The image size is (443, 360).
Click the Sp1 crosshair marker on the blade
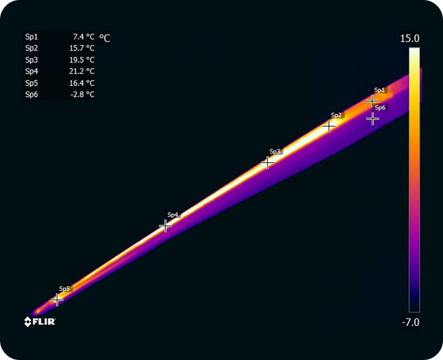pyautogui.click(x=372, y=101)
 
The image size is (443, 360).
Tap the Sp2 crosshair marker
pyautogui.click(x=329, y=126)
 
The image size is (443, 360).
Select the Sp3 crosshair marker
pyautogui.click(x=267, y=163)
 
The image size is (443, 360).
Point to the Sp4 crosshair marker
pyautogui.click(x=165, y=226)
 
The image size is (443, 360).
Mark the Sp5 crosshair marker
pyautogui.click(x=57, y=300)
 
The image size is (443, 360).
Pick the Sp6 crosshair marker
pyautogui.click(x=372, y=118)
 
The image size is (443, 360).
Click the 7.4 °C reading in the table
pyautogui.click(x=84, y=37)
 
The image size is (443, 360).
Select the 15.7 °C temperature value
pyautogui.click(x=82, y=48)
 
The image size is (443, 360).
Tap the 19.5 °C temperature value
pyautogui.click(x=82, y=60)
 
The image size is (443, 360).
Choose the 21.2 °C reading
pyautogui.click(x=82, y=71)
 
